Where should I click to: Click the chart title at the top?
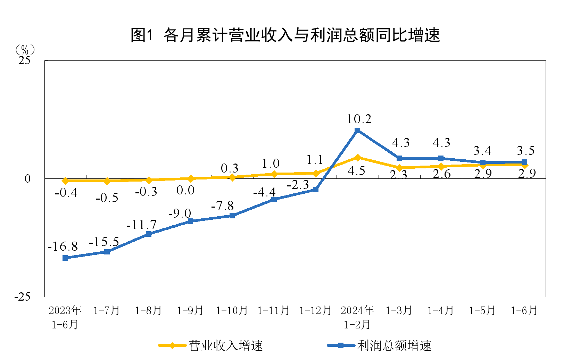[285, 35]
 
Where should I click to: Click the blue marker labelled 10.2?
[357, 131]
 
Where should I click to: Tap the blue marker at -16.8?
[65, 258]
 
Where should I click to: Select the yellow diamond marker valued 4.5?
[357, 158]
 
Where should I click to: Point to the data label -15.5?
[104, 242]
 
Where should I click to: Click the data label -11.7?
[141, 225]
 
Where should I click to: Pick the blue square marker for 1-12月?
[316, 190]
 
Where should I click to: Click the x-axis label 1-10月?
[232, 310]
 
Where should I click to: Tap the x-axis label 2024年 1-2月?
[357, 317]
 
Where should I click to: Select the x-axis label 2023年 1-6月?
[65, 317]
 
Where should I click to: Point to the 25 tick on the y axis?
[24, 61]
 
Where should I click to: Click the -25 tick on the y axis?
[22, 297]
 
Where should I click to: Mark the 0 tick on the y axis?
[28, 179]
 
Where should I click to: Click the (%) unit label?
[25, 50]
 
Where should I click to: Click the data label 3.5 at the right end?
[525, 151]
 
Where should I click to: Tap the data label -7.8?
[223, 206]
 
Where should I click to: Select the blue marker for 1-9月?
[190, 221]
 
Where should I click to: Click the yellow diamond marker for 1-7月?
[107, 181]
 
